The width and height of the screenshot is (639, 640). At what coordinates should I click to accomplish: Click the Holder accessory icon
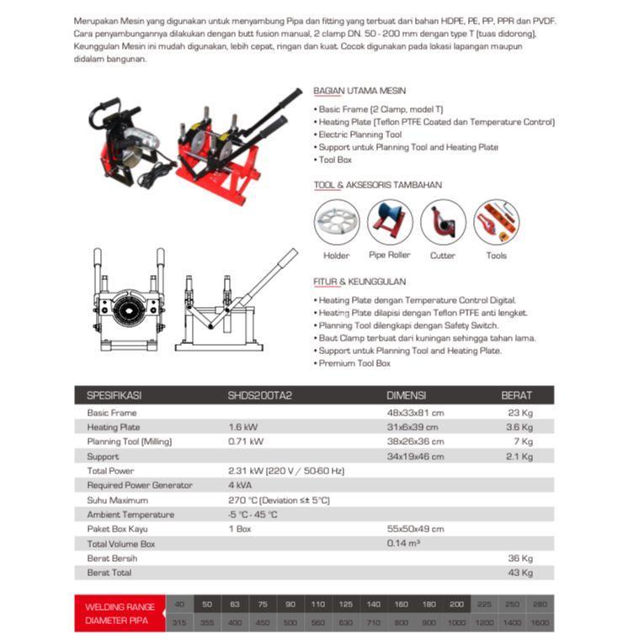click(x=337, y=222)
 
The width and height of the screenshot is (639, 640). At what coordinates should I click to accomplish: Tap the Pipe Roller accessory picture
click(x=390, y=222)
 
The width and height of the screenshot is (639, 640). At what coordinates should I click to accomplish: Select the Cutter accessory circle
click(x=443, y=222)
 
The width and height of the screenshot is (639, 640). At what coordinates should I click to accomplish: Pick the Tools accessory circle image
click(x=496, y=222)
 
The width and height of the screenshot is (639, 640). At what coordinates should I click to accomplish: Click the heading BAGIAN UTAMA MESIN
click(x=359, y=91)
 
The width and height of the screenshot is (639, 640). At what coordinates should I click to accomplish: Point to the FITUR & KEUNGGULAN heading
click(x=359, y=282)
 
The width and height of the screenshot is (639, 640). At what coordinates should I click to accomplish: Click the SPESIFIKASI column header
click(x=114, y=395)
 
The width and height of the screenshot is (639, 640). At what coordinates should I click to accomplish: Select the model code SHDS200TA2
click(x=259, y=395)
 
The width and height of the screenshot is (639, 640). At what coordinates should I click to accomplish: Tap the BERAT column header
click(x=516, y=395)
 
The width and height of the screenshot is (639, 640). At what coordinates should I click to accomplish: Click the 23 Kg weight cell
click(x=521, y=413)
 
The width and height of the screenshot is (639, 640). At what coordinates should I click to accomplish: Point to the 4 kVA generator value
click(x=240, y=485)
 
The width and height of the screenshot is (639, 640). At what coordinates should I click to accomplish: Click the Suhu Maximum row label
click(x=118, y=500)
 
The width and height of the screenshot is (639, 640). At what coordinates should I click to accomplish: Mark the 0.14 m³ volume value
click(x=403, y=543)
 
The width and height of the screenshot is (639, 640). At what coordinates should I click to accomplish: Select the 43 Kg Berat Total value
click(x=520, y=573)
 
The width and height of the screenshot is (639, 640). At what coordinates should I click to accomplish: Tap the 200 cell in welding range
click(x=456, y=605)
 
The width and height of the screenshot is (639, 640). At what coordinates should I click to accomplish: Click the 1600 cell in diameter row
click(x=540, y=621)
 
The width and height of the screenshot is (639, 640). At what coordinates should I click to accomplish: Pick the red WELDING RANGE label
click(x=120, y=606)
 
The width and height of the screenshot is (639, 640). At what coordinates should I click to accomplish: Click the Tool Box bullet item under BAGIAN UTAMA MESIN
click(x=335, y=160)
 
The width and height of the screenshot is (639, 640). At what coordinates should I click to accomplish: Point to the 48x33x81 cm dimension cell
click(x=415, y=413)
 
